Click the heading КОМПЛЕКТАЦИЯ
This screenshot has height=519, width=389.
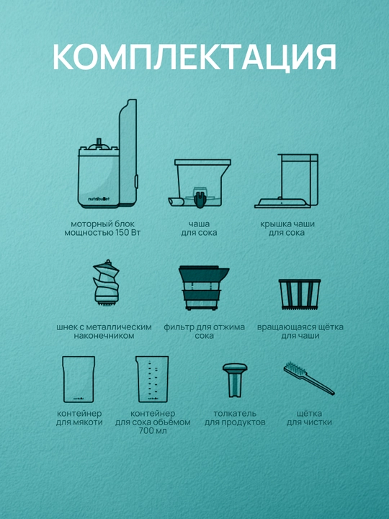coord(194,57)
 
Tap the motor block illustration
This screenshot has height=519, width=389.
coord(107,154)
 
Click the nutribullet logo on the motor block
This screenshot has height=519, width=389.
coord(99,199)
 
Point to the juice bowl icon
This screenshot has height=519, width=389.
coord(200,183)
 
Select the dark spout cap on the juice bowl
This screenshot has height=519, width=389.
coord(200,199)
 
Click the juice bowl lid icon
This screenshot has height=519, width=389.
coord(287,181)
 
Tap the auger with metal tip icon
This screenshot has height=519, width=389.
coord(106,283)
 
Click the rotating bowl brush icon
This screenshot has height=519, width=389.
coord(300,294)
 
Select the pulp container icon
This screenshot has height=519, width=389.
coord(79,379)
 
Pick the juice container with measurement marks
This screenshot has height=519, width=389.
coord(152,379)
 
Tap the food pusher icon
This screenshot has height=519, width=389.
coord(235,380)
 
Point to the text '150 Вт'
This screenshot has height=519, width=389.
coord(128,233)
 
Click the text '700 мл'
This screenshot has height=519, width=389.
coord(153,431)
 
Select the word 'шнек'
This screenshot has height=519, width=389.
coord(66,327)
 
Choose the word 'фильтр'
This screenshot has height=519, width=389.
coord(179,327)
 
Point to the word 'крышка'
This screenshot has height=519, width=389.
coord(274,224)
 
